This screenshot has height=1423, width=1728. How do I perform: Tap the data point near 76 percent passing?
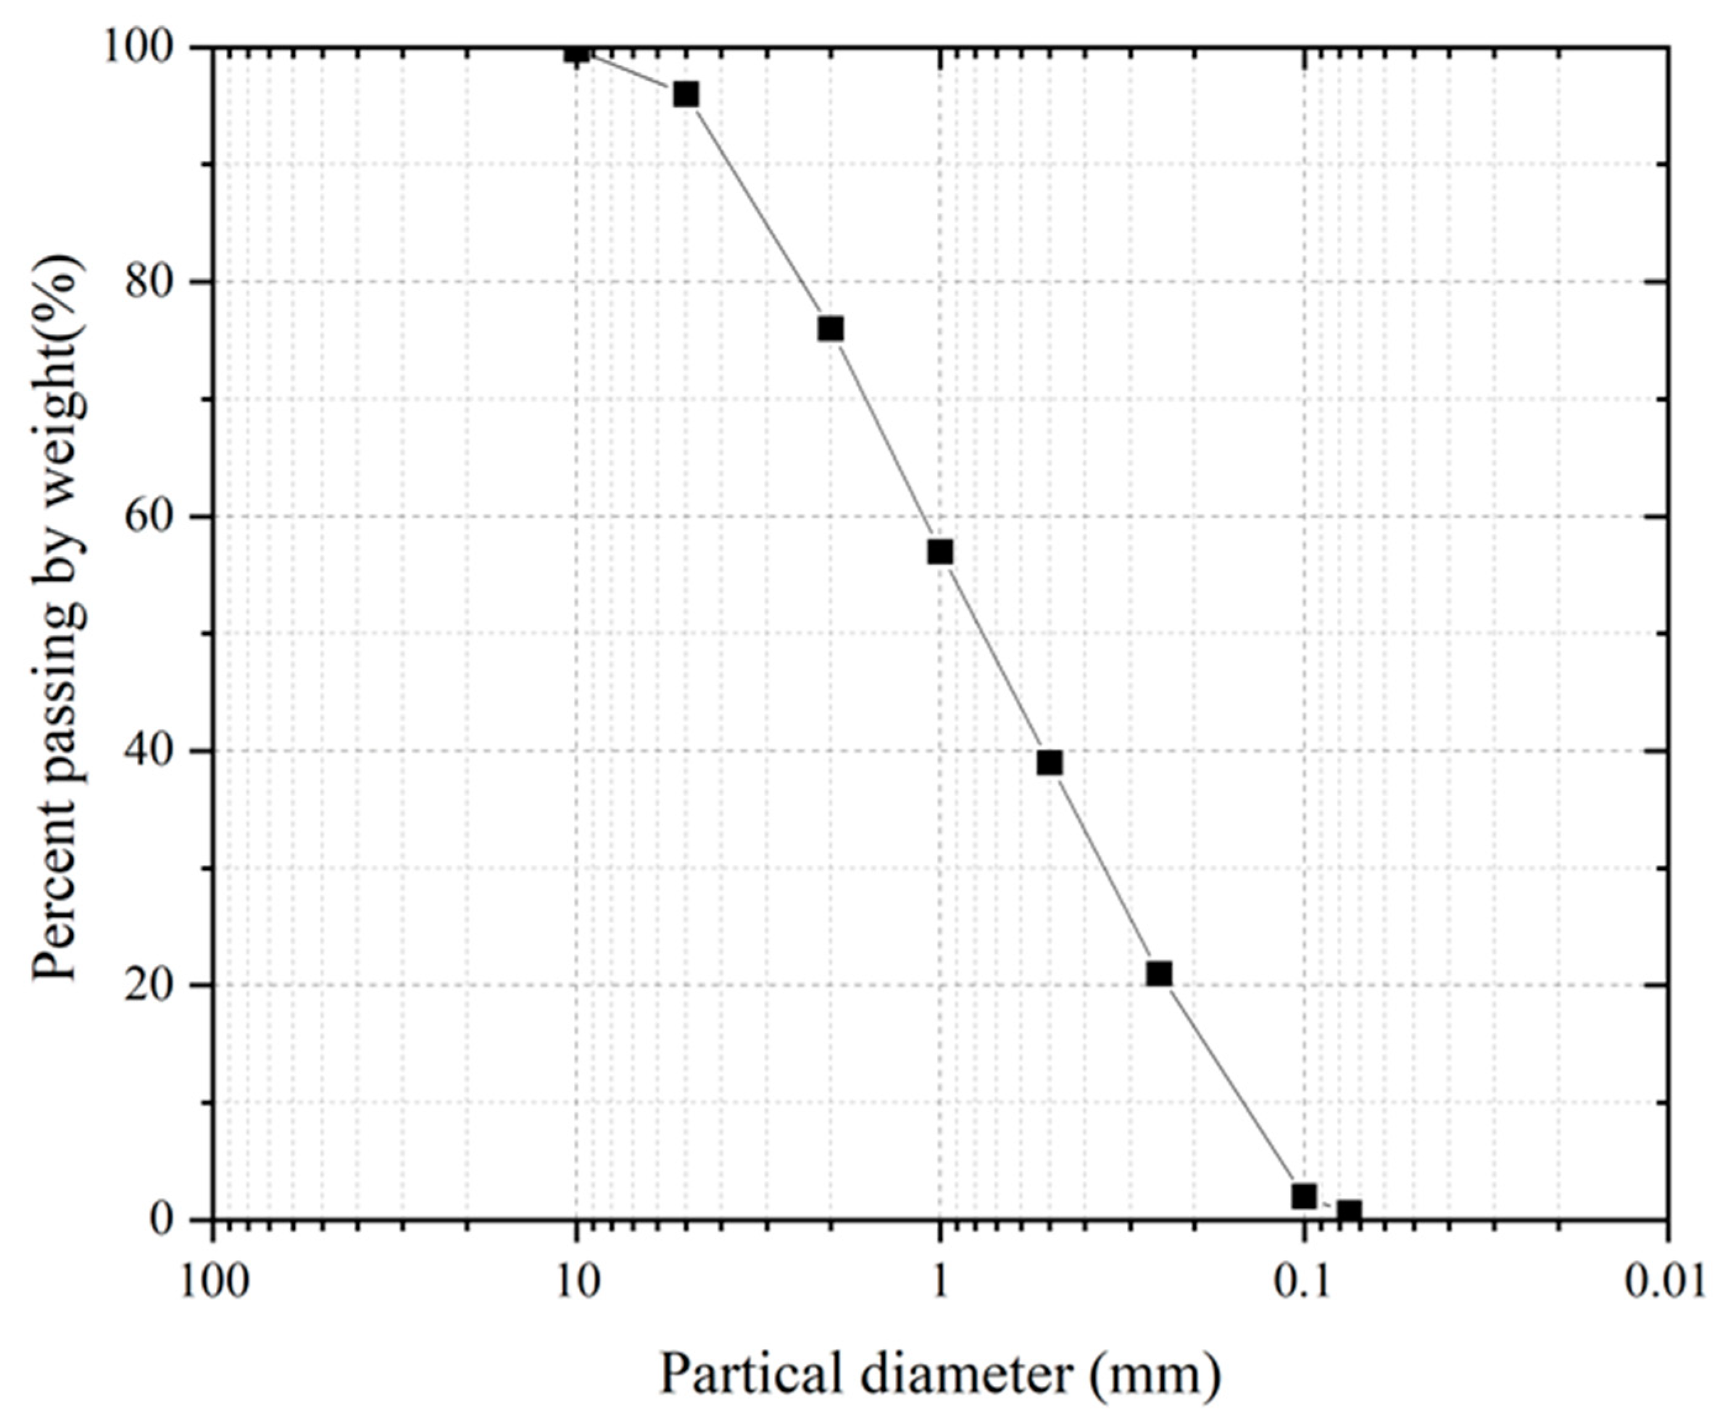pos(831,328)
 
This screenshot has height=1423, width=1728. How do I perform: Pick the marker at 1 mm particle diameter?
pos(940,552)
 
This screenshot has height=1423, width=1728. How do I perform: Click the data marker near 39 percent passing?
pos(1050,762)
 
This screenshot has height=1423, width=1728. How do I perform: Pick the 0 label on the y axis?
pos(164,1220)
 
